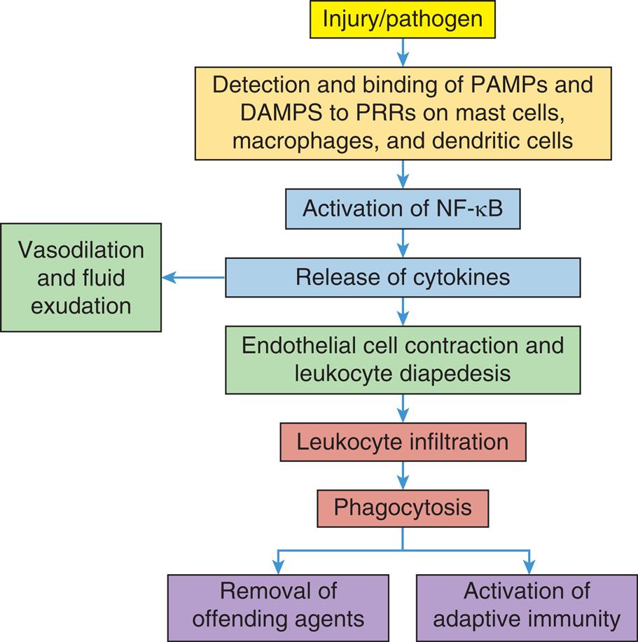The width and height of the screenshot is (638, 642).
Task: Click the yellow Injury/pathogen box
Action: pyautogui.click(x=402, y=19)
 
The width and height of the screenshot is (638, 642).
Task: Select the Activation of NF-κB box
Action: pyautogui.click(x=403, y=209)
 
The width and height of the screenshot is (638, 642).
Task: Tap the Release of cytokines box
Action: pyautogui.click(x=403, y=277)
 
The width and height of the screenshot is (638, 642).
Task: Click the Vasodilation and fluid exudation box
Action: pyautogui.click(x=81, y=277)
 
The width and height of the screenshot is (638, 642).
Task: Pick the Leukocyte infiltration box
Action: pyautogui.click(x=403, y=442)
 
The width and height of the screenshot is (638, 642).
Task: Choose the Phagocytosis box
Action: pyautogui.click(x=403, y=508)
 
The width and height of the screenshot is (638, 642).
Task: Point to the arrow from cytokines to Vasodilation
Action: pyautogui.click(x=193, y=277)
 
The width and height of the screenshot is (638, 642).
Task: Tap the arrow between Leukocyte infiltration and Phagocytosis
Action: pyautogui.click(x=403, y=475)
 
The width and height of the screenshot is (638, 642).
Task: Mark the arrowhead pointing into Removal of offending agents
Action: pyautogui.click(x=278, y=568)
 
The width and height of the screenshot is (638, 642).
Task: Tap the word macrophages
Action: pyautogui.click(x=291, y=140)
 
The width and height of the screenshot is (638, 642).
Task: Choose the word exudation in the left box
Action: pyautogui.click(x=81, y=306)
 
